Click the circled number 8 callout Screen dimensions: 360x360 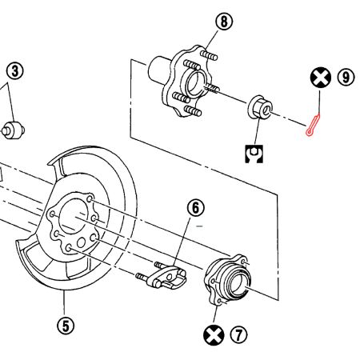click(x=224, y=22)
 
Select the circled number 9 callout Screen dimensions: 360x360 click(x=345, y=78)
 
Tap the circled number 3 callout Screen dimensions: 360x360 click(x=15, y=70)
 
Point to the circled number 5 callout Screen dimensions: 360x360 click(x=65, y=325)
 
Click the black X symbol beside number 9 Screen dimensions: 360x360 click(x=320, y=78)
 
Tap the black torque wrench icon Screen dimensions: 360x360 click(x=254, y=151)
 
